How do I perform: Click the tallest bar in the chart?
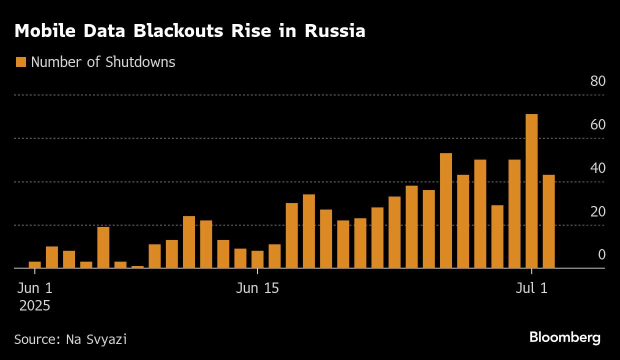pos(531,191)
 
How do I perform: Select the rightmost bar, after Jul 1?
pos(548,221)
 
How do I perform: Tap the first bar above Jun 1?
pos(34,265)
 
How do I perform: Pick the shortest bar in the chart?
pos(137,267)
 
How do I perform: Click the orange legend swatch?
pos(20,62)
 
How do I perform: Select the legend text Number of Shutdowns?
pos(103,62)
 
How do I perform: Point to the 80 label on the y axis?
pos(597,81)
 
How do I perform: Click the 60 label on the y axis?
pos(597,124)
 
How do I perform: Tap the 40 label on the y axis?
pos(597,168)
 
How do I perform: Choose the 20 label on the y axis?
pos(597,211)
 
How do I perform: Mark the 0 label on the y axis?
pos(601,255)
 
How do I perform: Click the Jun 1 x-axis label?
pos(34,288)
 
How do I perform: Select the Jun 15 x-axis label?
pos(257,288)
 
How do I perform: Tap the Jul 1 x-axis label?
pos(531,288)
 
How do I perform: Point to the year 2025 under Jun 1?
pos(34,305)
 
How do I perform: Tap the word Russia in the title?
pos(334,31)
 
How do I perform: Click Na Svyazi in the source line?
pos(96,339)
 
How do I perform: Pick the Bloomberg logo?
pos(564,337)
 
